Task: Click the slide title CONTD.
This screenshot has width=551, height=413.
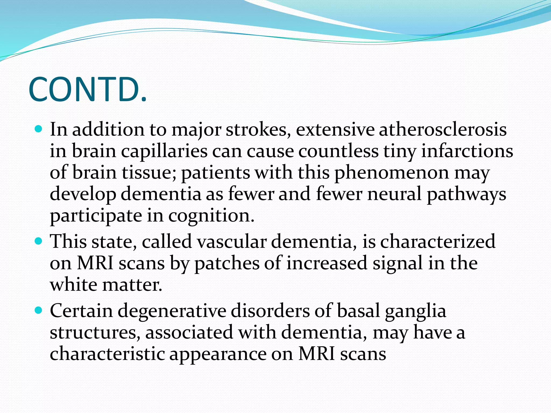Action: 88,90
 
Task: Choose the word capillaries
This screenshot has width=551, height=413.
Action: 164,151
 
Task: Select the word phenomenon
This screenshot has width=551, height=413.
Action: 391,173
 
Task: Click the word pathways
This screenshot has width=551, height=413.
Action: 467,194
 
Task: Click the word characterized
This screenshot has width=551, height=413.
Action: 438,241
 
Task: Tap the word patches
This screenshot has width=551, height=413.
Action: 227,263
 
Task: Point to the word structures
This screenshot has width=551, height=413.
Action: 95,333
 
